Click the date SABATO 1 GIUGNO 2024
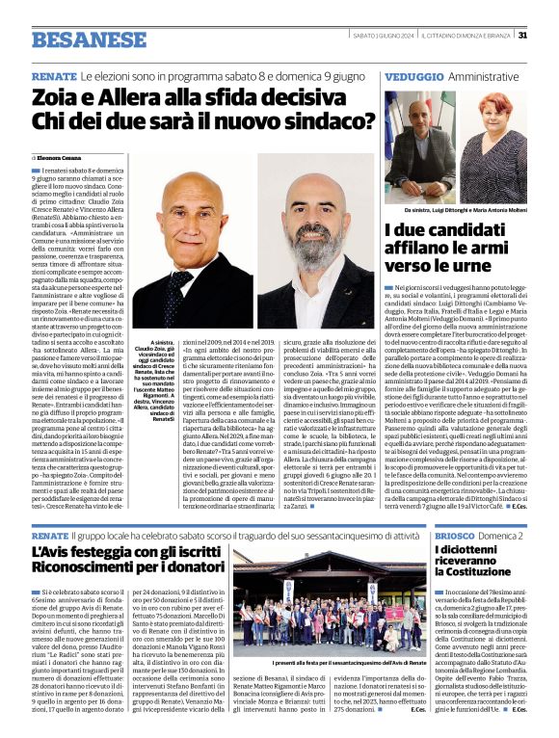[381, 36]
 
